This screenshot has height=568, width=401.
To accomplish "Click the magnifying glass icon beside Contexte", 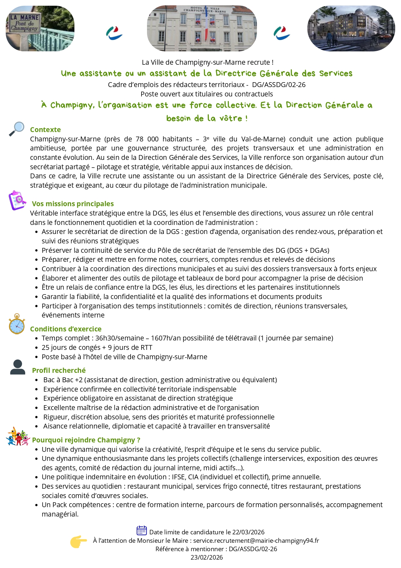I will pos(16,129).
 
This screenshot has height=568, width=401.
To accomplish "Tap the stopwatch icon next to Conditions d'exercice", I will pos(17,324).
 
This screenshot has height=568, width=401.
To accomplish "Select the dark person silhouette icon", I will pos(17,367).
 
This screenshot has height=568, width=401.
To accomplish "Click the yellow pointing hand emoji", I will pos(79,541).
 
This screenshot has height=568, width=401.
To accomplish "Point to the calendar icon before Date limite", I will pos(142,530).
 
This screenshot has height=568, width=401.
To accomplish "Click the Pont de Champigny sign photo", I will pos(40,28).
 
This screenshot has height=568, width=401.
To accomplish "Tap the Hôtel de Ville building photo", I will pos(202,28).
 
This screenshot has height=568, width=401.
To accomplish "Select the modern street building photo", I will pos(351,28).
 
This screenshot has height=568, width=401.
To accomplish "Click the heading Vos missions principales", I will pos(73,204).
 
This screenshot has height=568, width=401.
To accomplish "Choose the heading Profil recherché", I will pos(59,371).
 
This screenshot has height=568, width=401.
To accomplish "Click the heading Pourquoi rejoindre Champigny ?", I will pos(86,440).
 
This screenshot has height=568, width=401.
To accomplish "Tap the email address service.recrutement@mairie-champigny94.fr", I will pos(256,540).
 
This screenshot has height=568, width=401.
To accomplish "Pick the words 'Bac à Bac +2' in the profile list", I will pos(63,380).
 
